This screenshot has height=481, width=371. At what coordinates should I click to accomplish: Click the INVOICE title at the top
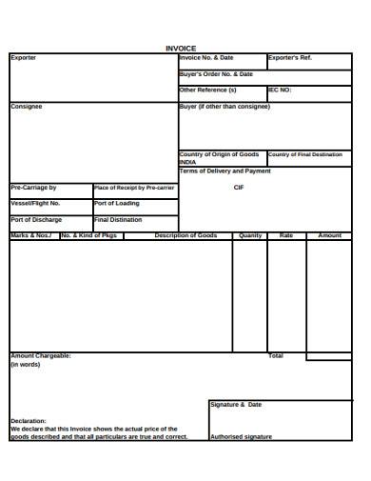181,48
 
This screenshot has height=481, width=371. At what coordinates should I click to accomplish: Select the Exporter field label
23,58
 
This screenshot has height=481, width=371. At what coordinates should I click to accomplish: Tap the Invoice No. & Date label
206,58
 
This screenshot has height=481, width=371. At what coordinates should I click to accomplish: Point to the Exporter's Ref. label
290,58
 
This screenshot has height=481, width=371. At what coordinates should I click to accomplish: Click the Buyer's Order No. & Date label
216,73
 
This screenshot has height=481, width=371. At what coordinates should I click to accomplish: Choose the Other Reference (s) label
207,90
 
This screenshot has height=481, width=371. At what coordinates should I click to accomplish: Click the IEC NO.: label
280,90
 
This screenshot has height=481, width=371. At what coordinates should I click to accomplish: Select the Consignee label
26,107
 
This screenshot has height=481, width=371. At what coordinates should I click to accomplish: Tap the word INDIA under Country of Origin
188,162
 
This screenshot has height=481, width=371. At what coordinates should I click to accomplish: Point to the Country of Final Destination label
304,154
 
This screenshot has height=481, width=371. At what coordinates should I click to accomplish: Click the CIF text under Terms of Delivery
239,188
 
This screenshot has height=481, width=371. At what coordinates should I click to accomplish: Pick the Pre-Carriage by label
33,188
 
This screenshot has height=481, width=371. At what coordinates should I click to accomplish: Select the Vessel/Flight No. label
35,203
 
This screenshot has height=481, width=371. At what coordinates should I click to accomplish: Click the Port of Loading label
117,203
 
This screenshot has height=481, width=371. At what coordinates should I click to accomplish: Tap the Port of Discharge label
36,219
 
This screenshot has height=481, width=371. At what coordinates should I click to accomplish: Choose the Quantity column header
250,235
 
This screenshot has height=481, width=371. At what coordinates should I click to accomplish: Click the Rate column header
286,235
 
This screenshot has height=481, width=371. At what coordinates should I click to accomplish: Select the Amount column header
329,235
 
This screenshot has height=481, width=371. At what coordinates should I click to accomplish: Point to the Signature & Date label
236,405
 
